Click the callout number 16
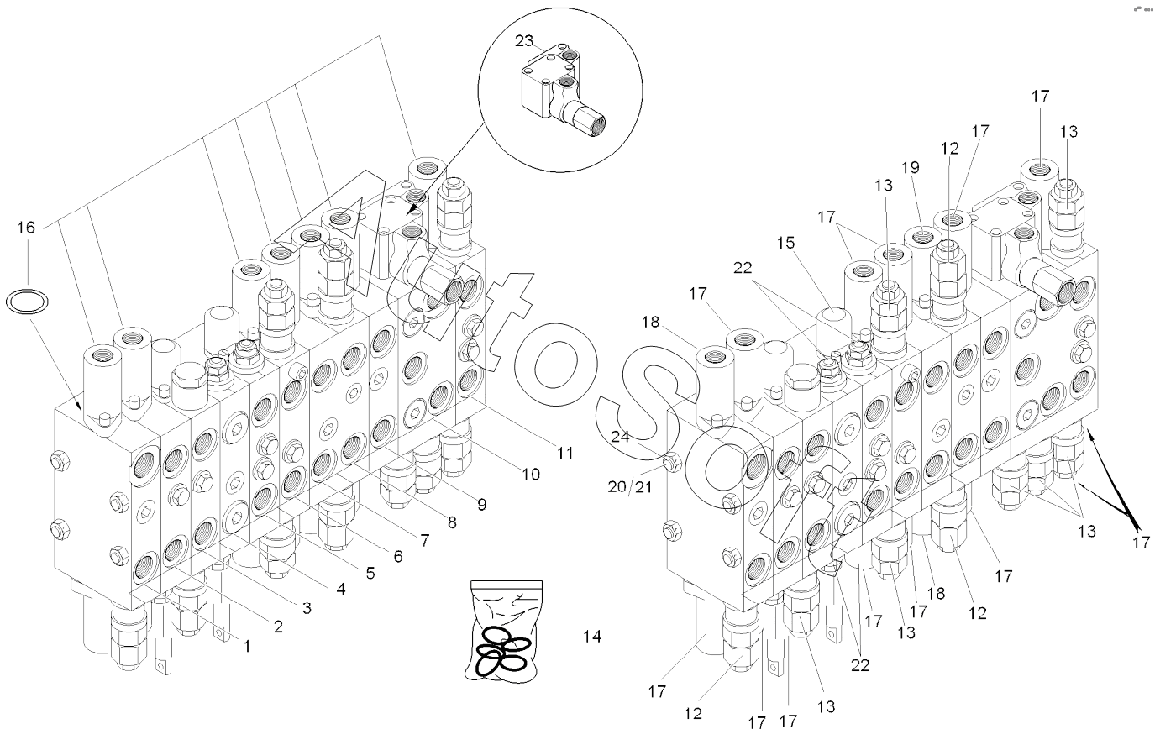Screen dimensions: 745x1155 (x=26, y=228)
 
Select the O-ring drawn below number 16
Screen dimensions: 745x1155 (x=26, y=300)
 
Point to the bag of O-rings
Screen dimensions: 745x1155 (x=501, y=630)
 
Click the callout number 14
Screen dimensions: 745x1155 (x=592, y=637)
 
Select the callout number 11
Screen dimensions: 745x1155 (x=565, y=453)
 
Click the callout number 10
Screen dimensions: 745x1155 (x=530, y=474)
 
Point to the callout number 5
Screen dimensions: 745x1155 (x=369, y=573)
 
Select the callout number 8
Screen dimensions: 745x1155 (x=452, y=522)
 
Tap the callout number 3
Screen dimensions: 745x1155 (x=307, y=606)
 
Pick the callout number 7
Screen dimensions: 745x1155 (x=424, y=540)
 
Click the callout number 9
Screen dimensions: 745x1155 (x=481, y=505)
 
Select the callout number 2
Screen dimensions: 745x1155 (x=278, y=626)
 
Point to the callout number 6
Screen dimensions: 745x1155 (x=397, y=556)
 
